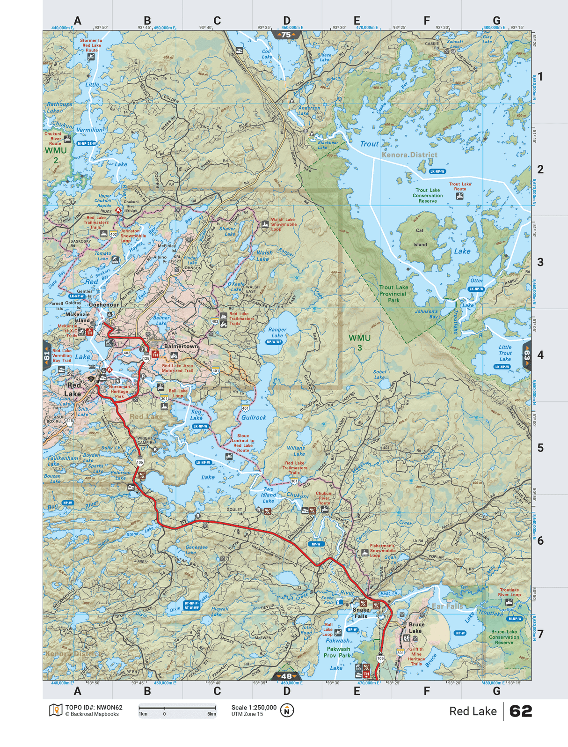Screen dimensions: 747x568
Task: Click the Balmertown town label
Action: tap(181, 346)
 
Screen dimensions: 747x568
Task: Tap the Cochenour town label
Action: tap(104, 304)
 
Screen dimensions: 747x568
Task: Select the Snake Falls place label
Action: tap(361, 613)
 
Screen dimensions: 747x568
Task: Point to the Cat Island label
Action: tap(420, 237)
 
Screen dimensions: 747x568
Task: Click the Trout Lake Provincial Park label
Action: tap(393, 294)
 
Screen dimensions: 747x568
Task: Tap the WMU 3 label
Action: tap(359, 342)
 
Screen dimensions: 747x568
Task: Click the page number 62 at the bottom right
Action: tap(520, 711)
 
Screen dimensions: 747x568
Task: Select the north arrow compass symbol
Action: tap(287, 710)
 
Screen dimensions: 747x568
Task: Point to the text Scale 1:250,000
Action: tap(254, 707)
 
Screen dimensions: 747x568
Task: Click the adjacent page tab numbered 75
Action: tap(286, 35)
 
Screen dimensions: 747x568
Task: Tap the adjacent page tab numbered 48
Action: tap(286, 676)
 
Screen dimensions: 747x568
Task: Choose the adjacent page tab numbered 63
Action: tap(527, 355)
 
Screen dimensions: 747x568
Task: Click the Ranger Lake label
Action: tap(277, 333)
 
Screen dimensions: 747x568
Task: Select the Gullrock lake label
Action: tap(254, 417)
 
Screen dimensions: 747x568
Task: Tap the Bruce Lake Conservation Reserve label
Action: tap(504, 637)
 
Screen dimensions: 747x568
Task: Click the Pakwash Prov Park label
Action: tap(338, 652)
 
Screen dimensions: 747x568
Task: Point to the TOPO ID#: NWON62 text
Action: tap(94, 707)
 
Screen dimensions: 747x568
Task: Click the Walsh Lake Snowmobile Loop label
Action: tap(283, 224)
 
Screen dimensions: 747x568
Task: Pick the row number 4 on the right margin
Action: tap(540, 355)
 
